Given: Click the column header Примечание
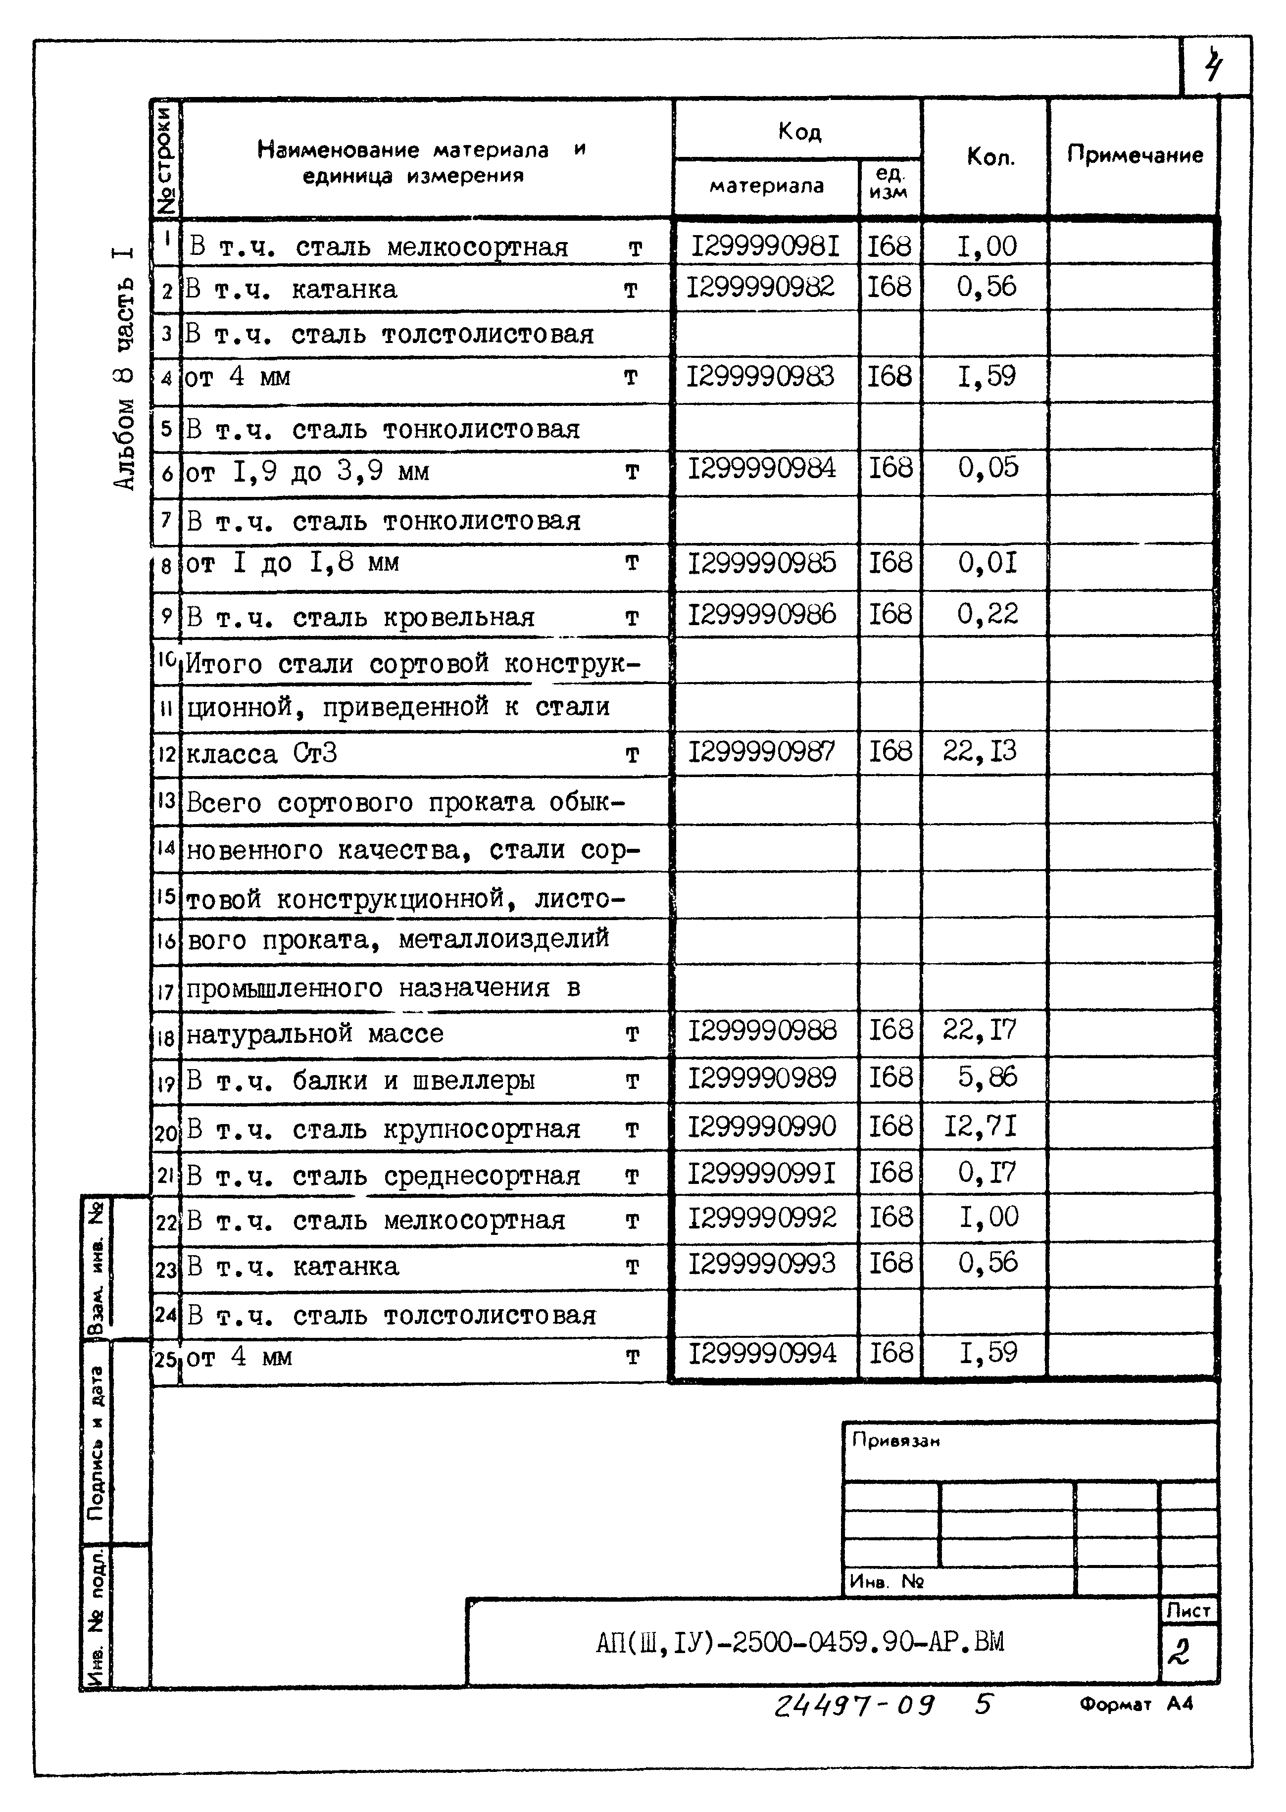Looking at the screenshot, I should (x=1134, y=154).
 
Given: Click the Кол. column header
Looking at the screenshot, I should (x=990, y=157).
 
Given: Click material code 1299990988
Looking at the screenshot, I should (x=762, y=1030).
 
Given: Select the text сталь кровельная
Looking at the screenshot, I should (x=413, y=618).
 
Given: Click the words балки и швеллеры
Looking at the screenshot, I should (x=413, y=1080).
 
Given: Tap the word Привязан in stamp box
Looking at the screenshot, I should (x=895, y=1441).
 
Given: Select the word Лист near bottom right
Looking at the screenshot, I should (x=1188, y=1610).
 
